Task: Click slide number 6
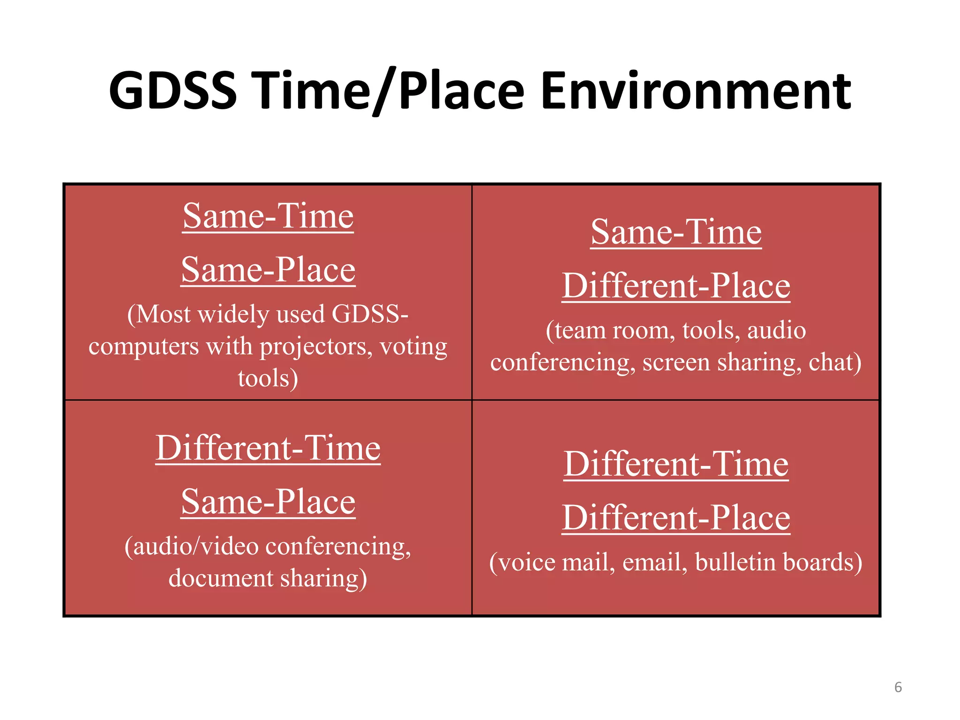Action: point(898,687)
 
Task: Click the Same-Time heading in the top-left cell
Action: point(268,217)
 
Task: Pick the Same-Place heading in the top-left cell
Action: point(268,270)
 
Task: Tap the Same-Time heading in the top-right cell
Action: point(676,232)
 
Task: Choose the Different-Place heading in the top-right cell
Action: point(676,286)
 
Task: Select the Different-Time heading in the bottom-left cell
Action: point(268,448)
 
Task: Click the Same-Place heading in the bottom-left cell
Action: point(268,502)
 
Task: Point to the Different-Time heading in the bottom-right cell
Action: point(676,464)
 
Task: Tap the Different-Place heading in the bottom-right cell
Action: point(676,518)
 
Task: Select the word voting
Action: point(413,347)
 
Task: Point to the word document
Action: point(221,578)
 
